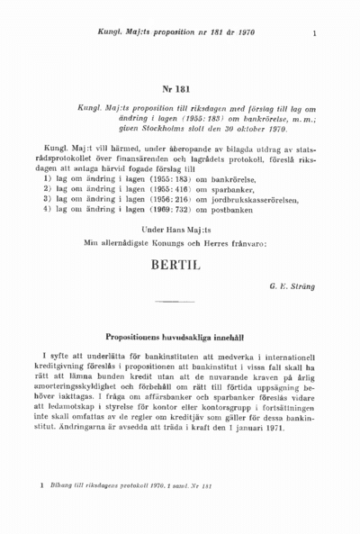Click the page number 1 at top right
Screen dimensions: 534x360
[x=314, y=35]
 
